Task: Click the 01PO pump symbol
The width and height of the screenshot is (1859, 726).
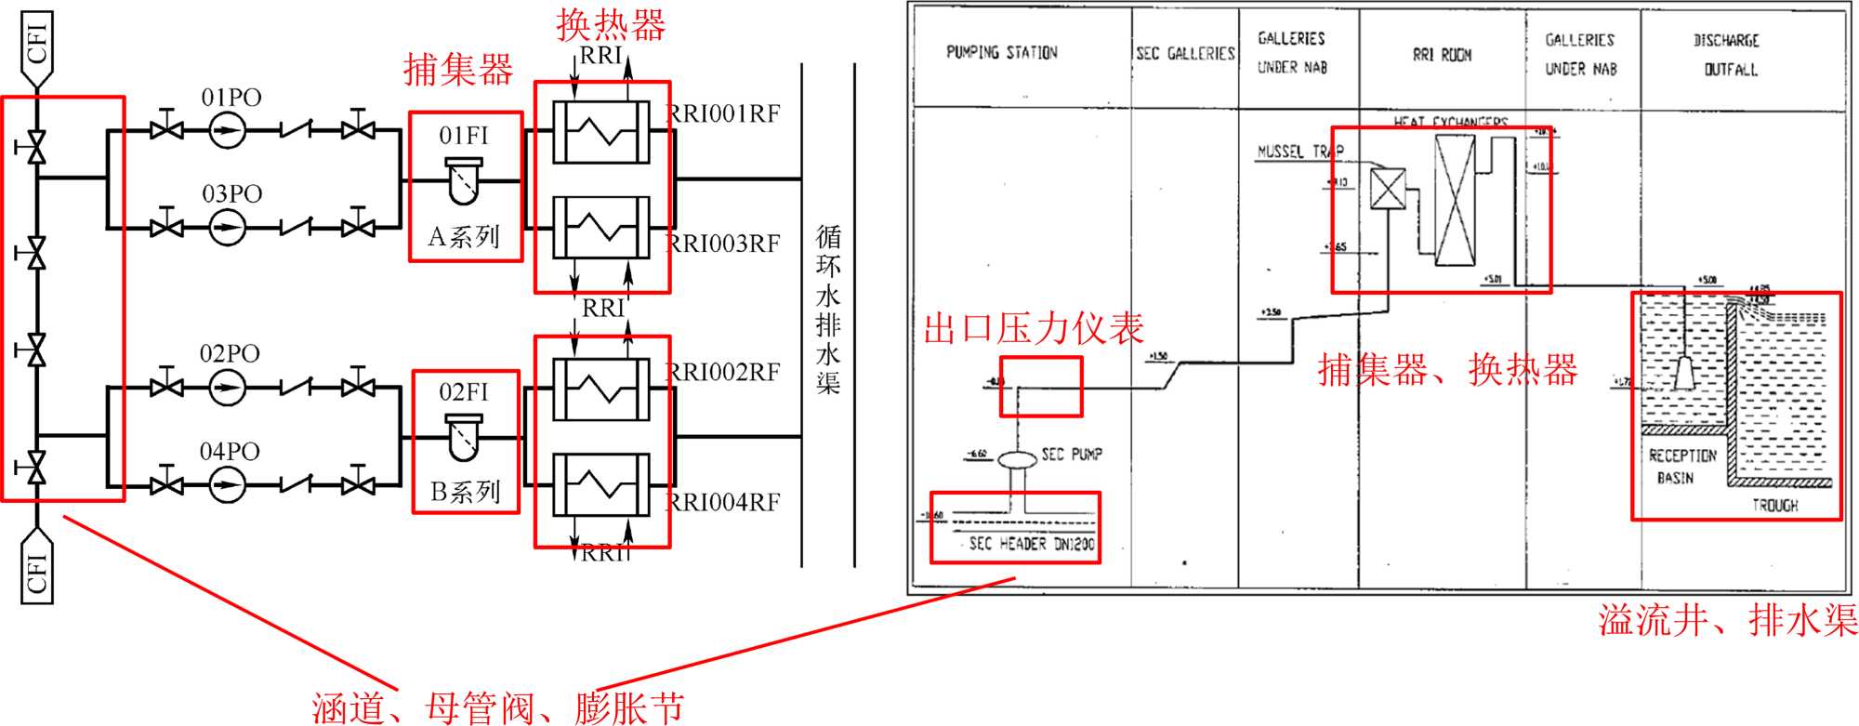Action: pyautogui.click(x=226, y=130)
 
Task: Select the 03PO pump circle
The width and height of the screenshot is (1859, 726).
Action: pyautogui.click(x=226, y=227)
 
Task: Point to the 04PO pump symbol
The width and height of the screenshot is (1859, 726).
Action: pyautogui.click(x=226, y=484)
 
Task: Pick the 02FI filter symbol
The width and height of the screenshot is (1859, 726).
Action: pyautogui.click(x=463, y=437)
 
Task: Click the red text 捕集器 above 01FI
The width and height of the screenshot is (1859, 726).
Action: pyautogui.click(x=458, y=70)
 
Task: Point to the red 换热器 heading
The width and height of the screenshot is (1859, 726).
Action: pyautogui.click(x=611, y=25)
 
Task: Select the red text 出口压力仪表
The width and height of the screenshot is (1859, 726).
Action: pyautogui.click(x=1033, y=329)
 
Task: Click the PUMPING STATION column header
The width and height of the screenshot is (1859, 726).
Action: pyautogui.click(x=1001, y=53)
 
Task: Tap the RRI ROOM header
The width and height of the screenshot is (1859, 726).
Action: pyautogui.click(x=1442, y=56)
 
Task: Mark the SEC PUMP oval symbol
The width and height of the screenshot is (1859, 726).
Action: pyautogui.click(x=1017, y=458)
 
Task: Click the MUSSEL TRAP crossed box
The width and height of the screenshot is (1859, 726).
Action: pyautogui.click(x=1388, y=190)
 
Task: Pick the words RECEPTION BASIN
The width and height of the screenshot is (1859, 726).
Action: pyautogui.click(x=1681, y=467)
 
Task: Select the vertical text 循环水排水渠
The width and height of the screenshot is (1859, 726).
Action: pyautogui.click(x=828, y=310)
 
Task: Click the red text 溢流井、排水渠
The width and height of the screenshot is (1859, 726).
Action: pyautogui.click(x=1727, y=620)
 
